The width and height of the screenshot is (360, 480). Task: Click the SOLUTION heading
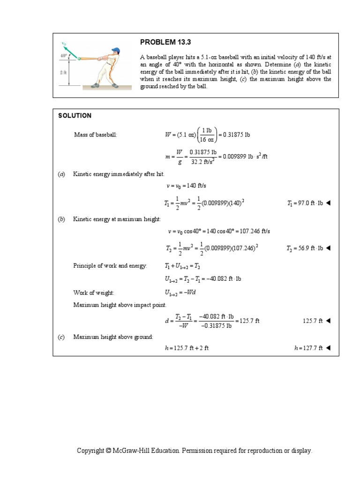point(75,116)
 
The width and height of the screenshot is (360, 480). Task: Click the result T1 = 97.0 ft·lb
point(304,203)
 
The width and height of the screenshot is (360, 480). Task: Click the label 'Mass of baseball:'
point(96,135)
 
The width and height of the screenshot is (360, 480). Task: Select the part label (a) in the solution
point(61,174)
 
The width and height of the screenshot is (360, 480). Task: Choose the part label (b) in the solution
point(61,219)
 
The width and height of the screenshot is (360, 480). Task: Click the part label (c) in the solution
point(61,337)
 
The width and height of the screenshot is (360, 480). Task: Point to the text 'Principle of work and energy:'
point(110,266)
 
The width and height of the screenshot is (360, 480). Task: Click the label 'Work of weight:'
point(93,292)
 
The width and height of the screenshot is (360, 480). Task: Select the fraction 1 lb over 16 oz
point(205,135)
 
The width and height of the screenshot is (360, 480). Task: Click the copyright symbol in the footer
point(108,451)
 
